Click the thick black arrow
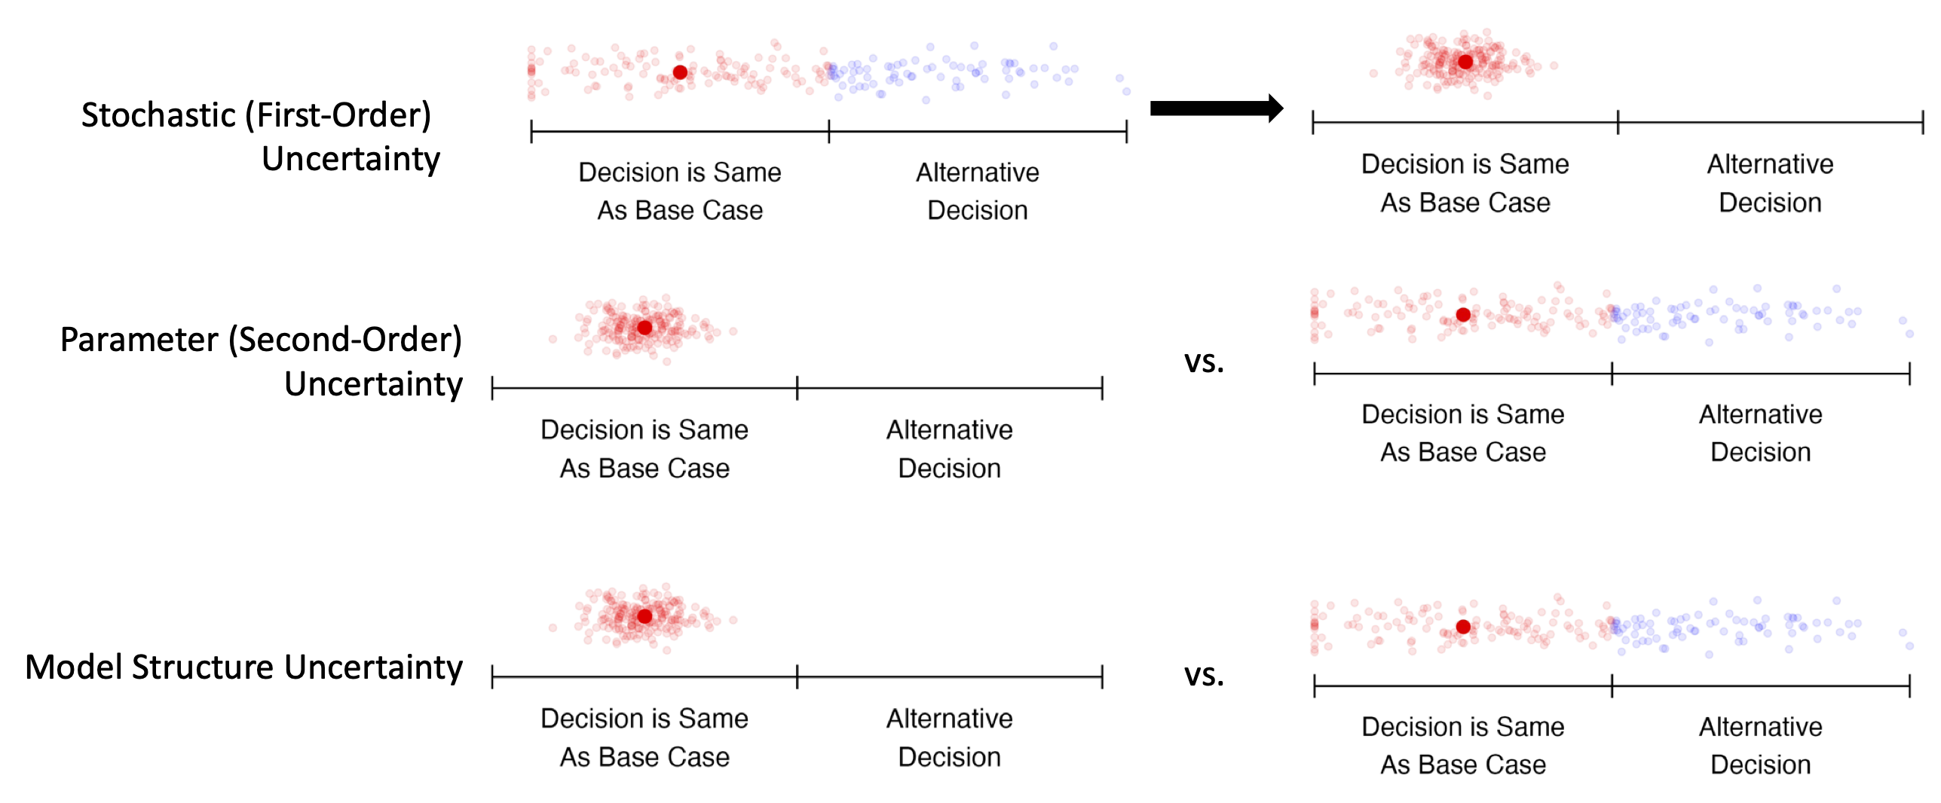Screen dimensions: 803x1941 point(1215,108)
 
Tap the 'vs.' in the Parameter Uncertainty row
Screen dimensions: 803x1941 point(1204,362)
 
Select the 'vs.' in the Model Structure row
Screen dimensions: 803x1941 point(1204,675)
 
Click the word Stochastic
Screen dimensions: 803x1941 point(158,115)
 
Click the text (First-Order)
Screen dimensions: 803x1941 point(338,115)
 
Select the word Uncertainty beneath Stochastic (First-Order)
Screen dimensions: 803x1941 point(351,159)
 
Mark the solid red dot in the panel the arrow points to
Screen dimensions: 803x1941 point(1465,62)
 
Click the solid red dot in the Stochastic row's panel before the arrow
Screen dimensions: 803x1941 point(680,72)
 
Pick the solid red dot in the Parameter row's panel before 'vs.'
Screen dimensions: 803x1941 point(644,328)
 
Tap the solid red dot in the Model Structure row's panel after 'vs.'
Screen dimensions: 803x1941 point(1463,627)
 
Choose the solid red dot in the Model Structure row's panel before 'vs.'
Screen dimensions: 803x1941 point(644,616)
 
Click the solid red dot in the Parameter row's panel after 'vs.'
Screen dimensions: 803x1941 point(1463,315)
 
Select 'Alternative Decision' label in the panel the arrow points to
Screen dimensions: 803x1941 point(1770,183)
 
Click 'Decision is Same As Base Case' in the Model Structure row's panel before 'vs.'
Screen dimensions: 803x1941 point(644,737)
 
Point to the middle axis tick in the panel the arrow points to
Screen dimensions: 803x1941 point(1618,122)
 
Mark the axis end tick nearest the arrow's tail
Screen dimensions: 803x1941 point(1126,132)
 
